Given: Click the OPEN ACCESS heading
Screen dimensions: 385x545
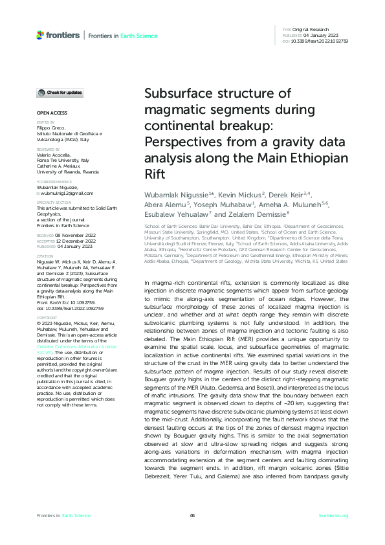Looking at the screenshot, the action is [48, 113].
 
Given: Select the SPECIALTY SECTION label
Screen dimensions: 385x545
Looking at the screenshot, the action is [54, 203].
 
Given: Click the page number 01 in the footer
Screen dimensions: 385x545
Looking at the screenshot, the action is [192, 515].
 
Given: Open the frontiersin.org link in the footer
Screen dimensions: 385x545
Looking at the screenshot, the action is [333, 515].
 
